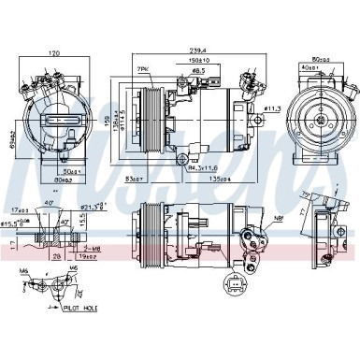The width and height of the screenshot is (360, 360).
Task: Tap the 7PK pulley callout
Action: tap(142, 71)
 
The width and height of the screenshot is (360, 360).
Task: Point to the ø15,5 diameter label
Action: tap(13, 223)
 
